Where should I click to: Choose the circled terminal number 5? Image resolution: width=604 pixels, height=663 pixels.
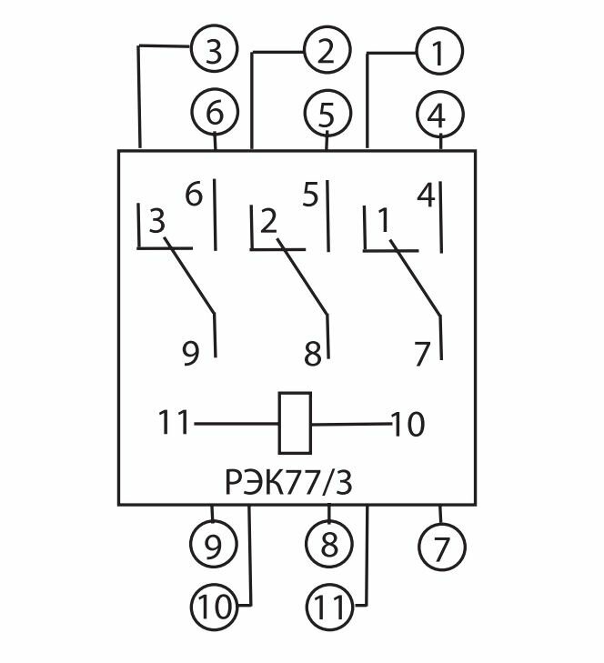pyautogui.click(x=327, y=114)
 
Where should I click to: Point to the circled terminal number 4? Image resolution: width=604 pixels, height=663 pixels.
pyautogui.click(x=440, y=114)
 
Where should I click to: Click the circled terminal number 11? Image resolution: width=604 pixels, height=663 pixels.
pyautogui.click(x=327, y=604)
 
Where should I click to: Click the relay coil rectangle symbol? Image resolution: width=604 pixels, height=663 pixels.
pyautogui.click(x=296, y=422)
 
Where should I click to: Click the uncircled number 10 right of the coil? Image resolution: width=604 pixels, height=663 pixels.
pyautogui.click(x=408, y=423)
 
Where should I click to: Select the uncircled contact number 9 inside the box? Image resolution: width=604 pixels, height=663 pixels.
pyautogui.click(x=190, y=353)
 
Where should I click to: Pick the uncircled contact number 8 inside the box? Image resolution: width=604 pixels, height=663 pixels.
pyautogui.click(x=313, y=353)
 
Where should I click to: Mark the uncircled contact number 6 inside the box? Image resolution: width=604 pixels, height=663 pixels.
pyautogui.click(x=194, y=195)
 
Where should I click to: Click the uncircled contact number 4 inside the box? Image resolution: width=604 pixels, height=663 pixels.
pyautogui.click(x=425, y=195)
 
